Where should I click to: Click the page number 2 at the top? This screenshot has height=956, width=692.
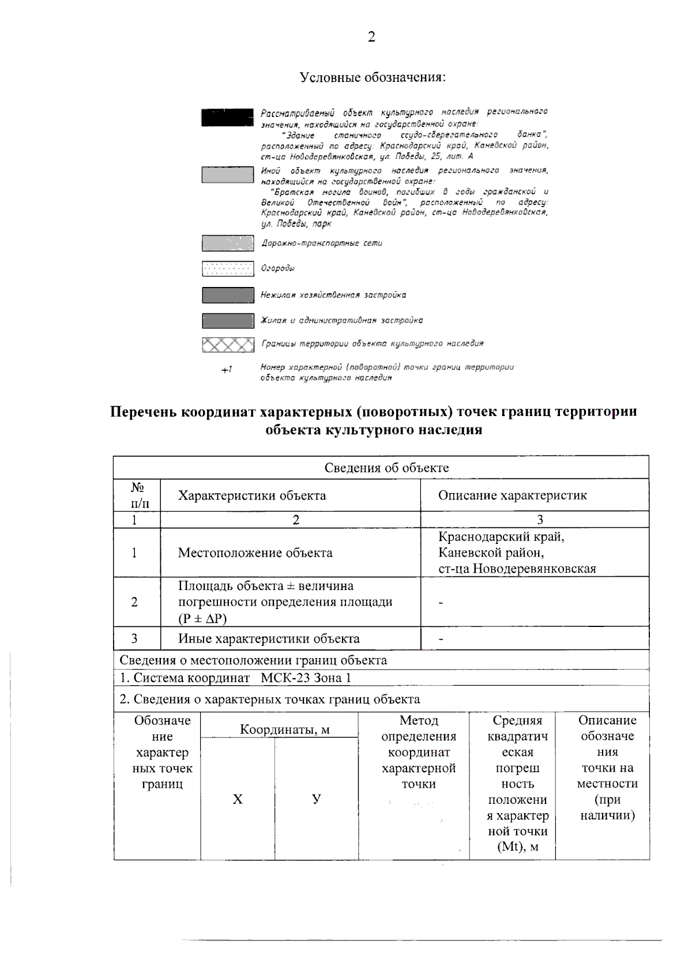(x=371, y=38)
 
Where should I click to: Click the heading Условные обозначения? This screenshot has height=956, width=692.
(x=373, y=77)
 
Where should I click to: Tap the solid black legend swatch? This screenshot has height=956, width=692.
(x=227, y=117)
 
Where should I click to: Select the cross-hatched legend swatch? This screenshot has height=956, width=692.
(x=228, y=345)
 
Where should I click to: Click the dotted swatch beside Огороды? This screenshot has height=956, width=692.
(x=228, y=269)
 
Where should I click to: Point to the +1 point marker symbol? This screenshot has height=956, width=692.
(x=227, y=370)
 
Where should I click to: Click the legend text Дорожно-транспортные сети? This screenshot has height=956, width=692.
(x=322, y=243)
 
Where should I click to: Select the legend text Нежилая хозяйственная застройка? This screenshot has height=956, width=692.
(x=333, y=295)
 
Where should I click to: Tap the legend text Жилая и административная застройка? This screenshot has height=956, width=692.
(x=341, y=320)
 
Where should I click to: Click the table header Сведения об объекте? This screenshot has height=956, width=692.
(x=386, y=467)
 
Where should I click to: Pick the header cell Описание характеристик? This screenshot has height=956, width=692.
(x=512, y=496)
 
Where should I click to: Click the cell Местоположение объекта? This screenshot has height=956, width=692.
(x=255, y=553)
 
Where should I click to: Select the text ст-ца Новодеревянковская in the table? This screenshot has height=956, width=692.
(x=517, y=569)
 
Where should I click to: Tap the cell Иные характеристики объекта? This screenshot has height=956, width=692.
(x=269, y=638)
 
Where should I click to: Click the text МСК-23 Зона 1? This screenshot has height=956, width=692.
(x=306, y=678)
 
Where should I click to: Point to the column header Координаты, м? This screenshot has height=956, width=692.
(x=285, y=730)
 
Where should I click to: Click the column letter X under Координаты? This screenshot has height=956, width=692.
(x=238, y=799)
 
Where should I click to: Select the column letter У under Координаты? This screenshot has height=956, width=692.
(x=316, y=799)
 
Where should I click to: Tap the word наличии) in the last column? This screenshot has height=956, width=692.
(x=607, y=815)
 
